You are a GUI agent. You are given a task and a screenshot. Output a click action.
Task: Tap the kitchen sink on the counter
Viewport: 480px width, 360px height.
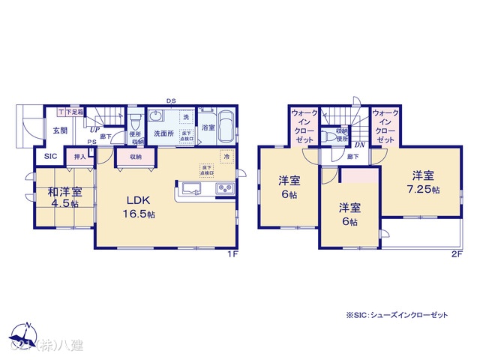(189, 187)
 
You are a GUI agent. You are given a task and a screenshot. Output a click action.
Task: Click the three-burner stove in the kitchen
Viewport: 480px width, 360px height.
(225, 188)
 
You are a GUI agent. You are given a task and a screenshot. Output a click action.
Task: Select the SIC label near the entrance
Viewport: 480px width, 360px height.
(49, 157)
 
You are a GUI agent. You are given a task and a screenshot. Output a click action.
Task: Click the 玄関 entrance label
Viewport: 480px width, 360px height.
(60, 130)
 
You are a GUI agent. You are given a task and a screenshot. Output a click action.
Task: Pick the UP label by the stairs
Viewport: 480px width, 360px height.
(96, 129)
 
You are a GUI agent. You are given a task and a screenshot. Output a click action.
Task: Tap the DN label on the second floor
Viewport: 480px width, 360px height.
(359, 145)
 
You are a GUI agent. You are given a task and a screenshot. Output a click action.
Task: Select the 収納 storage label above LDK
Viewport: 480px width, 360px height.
(135, 157)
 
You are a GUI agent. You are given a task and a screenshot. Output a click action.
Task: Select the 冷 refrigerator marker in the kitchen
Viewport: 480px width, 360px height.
(225, 157)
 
